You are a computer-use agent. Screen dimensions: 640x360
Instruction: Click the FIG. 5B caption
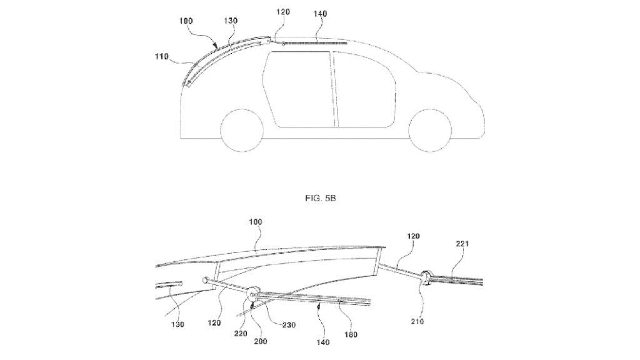[321, 198]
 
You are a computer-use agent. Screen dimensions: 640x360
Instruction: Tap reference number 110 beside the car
[162, 57]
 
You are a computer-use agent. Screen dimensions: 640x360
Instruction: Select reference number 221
[462, 244]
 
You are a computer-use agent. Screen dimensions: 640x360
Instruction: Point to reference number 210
[417, 321]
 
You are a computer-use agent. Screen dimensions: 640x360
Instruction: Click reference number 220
[241, 334]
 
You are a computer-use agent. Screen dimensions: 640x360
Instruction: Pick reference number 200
[261, 341]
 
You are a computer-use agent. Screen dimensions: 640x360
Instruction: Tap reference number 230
[289, 325]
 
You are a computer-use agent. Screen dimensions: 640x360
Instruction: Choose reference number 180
[351, 335]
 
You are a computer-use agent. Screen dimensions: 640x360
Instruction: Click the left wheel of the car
[242, 131]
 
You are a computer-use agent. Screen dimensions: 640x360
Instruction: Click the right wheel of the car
[430, 131]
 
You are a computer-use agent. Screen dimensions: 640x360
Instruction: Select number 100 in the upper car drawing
[186, 21]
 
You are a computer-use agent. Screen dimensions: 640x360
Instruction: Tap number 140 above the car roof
[320, 14]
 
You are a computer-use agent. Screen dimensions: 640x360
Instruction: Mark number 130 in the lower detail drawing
[177, 324]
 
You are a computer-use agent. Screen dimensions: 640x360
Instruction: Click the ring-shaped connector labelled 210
[426, 278]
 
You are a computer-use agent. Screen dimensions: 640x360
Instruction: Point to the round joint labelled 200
[254, 292]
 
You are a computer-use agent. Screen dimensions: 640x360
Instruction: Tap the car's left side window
[300, 89]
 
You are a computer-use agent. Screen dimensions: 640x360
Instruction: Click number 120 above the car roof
[283, 12]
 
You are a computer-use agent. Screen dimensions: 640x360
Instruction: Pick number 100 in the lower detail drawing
[255, 222]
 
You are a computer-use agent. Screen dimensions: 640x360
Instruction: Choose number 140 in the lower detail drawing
[322, 343]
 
